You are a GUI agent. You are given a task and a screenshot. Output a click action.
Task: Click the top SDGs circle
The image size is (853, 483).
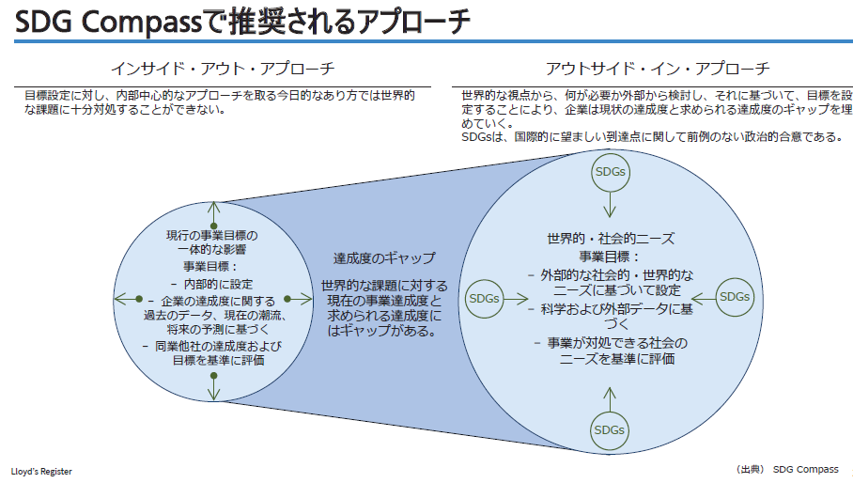tap(610, 172)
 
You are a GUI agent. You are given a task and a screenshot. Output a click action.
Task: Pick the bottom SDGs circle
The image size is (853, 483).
tap(610, 429)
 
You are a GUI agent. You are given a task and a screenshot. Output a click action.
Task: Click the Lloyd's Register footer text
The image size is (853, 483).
tap(41, 471)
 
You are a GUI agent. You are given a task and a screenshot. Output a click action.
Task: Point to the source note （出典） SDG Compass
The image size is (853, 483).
tap(787, 469)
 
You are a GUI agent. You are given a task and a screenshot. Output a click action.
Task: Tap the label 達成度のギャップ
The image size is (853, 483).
tap(384, 257)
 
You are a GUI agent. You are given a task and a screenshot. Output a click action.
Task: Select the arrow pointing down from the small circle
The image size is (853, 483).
tap(214, 385)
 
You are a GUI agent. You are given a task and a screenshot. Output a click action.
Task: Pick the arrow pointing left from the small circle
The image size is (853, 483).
tap(127, 299)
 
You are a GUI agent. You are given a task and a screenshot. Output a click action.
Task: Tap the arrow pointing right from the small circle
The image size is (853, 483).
tap(300, 299)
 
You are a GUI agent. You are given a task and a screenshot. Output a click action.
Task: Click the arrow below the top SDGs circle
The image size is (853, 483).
tap(610, 205)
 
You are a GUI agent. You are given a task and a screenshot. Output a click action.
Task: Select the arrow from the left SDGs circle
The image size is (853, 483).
tap(516, 297)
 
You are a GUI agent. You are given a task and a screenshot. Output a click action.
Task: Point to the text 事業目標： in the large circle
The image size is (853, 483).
tap(609, 256)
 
